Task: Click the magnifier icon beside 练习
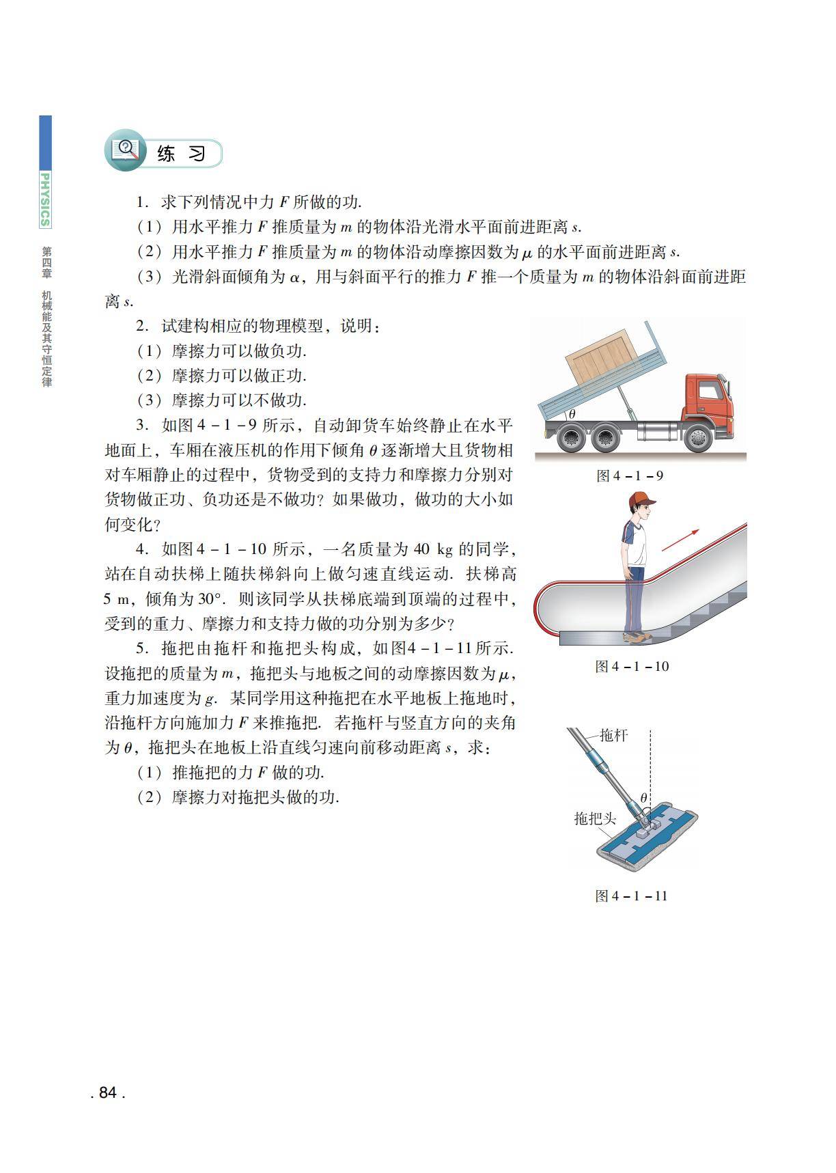(x=126, y=150)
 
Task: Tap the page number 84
(x=108, y=1092)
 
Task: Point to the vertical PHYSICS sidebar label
(x=45, y=199)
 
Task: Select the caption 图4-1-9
(x=629, y=475)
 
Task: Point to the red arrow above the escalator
(x=680, y=539)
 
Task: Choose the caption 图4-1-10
(x=632, y=666)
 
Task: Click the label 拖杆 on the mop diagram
(x=613, y=735)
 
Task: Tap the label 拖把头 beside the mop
(x=595, y=818)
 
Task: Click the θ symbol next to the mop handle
(x=643, y=797)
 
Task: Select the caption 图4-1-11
(x=631, y=896)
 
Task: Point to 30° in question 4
(x=210, y=599)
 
